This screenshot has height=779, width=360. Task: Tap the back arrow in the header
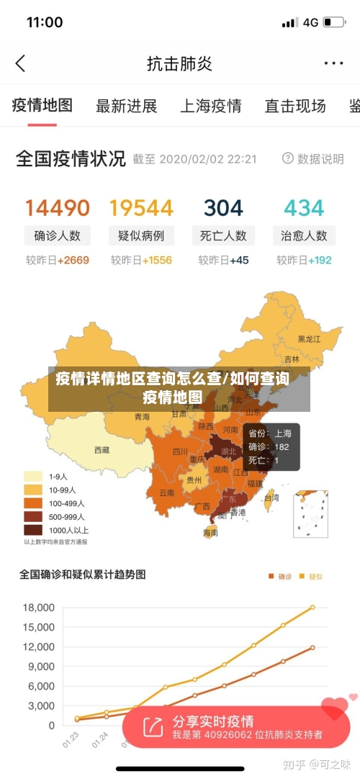[20, 63]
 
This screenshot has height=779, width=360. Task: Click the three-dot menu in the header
[333, 63]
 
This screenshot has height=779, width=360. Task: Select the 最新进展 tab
[126, 107]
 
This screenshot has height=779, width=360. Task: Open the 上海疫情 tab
[210, 107]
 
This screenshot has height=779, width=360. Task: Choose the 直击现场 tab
[294, 107]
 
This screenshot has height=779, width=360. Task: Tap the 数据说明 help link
[313, 159]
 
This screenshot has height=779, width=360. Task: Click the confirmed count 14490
[58, 208]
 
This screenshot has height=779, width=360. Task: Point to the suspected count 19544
[141, 208]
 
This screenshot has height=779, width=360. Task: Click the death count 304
[223, 208]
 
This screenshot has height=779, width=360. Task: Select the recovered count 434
[304, 208]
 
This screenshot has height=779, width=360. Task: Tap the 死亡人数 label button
[223, 235]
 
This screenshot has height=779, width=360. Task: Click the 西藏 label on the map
[102, 450]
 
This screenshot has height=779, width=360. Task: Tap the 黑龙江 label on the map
[310, 338]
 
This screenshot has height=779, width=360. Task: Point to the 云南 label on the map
[166, 493]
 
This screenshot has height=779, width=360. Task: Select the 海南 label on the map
[210, 533]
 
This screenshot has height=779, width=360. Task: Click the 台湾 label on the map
[271, 497]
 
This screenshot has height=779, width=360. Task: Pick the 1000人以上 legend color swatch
[33, 529]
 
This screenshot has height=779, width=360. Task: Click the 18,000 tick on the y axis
[39, 608]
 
